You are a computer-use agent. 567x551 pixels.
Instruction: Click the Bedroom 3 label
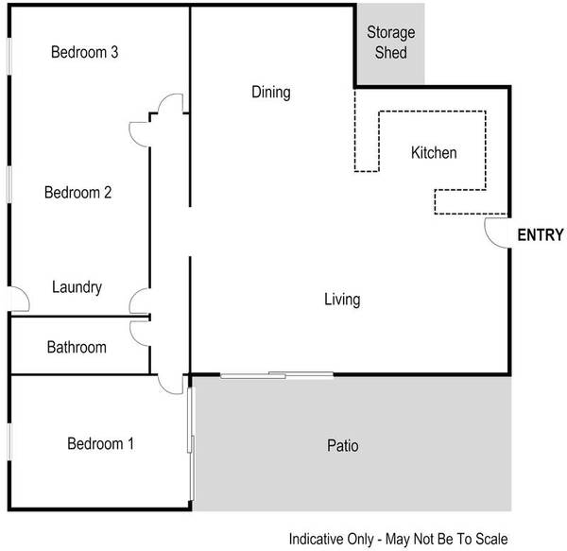pos(84,53)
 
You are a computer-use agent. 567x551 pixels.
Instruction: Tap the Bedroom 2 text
pos(79,193)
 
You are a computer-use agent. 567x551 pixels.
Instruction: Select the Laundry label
pos(77,287)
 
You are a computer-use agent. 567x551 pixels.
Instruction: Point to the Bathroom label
pos(77,348)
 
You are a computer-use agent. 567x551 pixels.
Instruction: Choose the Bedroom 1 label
pos(100,443)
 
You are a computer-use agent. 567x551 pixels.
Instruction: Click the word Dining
pos(270,93)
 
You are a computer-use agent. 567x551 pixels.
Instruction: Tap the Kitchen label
pos(434,153)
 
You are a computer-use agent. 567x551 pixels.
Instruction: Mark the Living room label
pos(342,301)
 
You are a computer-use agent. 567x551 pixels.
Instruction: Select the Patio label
pos(342,445)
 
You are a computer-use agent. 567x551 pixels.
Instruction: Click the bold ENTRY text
pos(541,236)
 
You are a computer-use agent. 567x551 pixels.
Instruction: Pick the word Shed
pos(390,53)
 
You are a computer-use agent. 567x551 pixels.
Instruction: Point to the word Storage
pos(390,33)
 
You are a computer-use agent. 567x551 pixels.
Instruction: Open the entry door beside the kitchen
pos(497,232)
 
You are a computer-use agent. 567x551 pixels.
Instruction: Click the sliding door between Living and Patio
pos(276,375)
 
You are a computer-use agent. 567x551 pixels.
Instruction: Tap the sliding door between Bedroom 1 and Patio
pos(191,442)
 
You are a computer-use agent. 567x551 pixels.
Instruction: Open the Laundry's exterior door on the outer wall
pos(17,300)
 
